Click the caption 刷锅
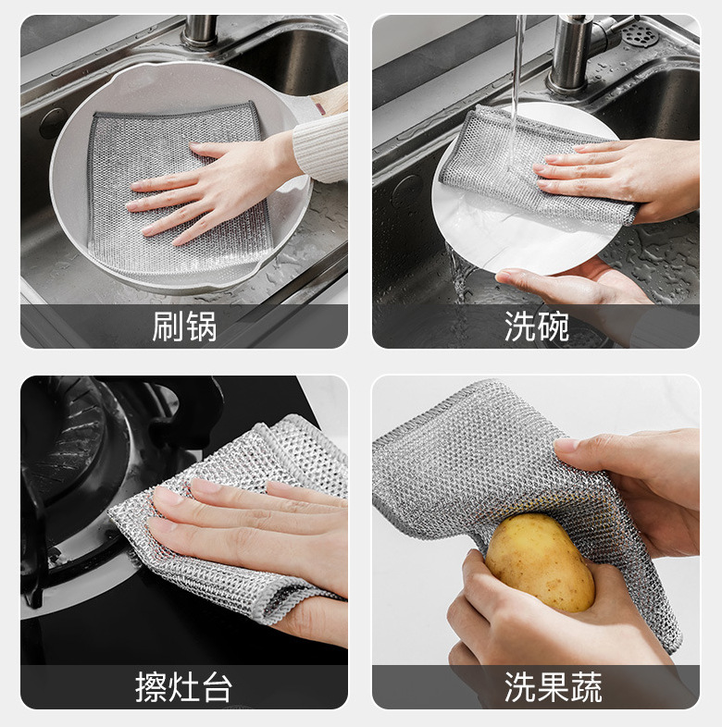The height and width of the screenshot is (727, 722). [x=184, y=327]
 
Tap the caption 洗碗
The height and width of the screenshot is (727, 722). [x=536, y=327]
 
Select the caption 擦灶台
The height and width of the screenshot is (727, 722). [x=184, y=687]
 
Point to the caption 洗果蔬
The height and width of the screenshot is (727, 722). [x=553, y=687]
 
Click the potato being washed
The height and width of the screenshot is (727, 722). [x=539, y=561]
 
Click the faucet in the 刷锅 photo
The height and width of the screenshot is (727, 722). [x=199, y=31]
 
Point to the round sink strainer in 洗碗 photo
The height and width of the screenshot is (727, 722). [x=640, y=34]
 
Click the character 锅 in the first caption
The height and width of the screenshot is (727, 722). [x=200, y=327]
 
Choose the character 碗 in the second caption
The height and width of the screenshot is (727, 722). [x=553, y=327]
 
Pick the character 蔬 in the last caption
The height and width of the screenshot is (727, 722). [x=585, y=687]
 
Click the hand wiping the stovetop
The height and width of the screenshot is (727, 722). [x=250, y=527]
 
